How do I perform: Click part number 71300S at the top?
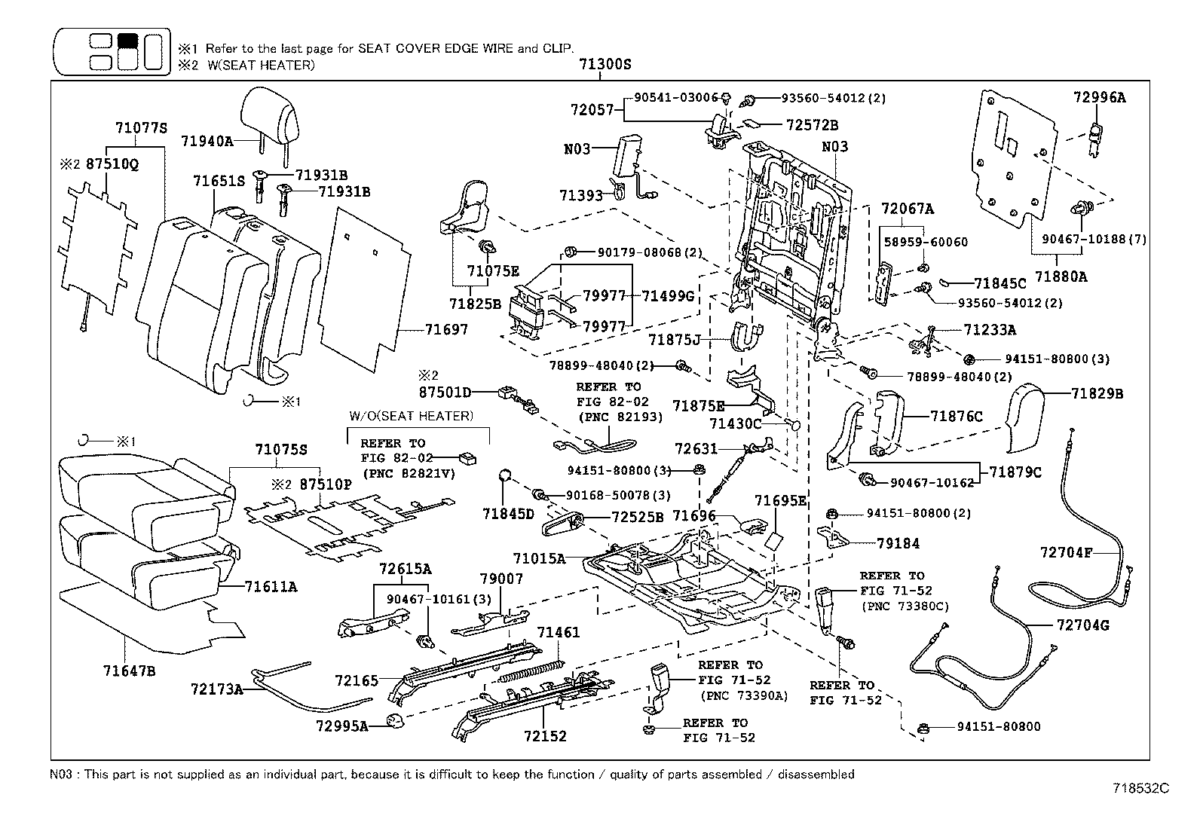605,65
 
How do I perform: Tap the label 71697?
445,329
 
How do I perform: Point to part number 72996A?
1099,96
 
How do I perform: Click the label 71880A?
1061,277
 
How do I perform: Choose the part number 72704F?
1066,551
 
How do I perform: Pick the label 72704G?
1083,625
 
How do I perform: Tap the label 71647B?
130,669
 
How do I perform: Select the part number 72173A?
217,688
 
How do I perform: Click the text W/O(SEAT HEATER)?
411,416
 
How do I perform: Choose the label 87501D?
445,392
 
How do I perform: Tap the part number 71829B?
1097,393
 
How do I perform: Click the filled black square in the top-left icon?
128,41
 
